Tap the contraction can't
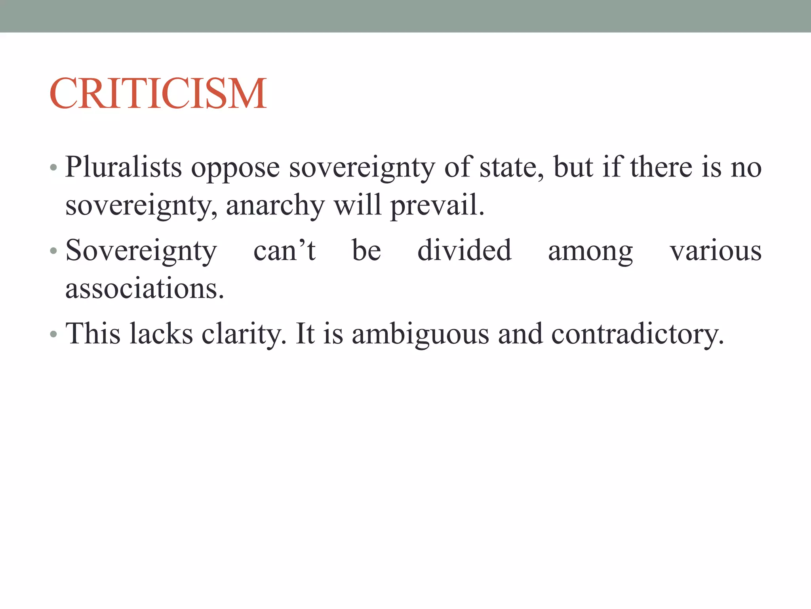tap(284, 251)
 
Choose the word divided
tap(465, 250)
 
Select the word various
tap(715, 251)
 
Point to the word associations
tap(145, 288)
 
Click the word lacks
tap(161, 333)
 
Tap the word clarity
tap(244, 334)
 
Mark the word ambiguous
tap(421, 334)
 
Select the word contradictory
tap(637, 334)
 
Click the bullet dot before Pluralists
tap(53, 168)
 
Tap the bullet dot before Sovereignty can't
tap(53, 251)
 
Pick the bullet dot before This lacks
tap(53, 334)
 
